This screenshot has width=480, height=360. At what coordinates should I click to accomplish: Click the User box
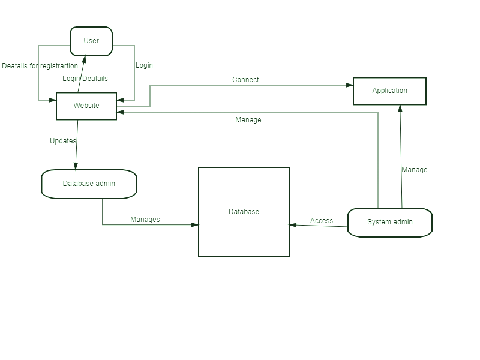(x=91, y=41)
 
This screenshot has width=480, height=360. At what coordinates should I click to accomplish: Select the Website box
(x=86, y=106)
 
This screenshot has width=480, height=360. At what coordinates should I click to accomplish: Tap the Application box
(x=389, y=91)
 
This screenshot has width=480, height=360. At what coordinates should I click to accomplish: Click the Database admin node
(x=89, y=184)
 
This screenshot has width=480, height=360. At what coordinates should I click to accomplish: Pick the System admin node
(x=390, y=222)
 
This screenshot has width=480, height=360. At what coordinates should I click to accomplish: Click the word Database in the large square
(x=244, y=212)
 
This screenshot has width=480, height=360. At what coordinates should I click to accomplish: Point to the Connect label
(x=245, y=80)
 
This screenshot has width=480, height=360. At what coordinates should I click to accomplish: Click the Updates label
(x=63, y=141)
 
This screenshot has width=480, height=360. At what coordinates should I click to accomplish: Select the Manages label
(x=145, y=220)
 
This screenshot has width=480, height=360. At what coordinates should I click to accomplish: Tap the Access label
(x=322, y=221)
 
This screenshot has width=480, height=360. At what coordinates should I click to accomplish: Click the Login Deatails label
(x=85, y=79)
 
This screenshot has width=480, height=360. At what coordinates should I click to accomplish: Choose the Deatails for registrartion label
(x=40, y=66)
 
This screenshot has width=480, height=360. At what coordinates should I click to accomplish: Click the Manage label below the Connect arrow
(x=248, y=119)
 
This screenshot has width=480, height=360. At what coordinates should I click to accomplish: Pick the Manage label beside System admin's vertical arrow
(x=415, y=170)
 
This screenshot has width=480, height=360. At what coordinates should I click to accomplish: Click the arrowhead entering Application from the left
(x=350, y=85)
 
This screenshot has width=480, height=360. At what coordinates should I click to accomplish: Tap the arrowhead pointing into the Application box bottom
(x=400, y=109)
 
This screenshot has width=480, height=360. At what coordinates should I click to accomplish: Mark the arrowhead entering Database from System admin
(x=293, y=225)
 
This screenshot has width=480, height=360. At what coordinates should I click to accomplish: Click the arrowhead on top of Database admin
(x=76, y=166)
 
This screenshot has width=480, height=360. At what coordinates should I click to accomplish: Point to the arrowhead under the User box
(x=84, y=59)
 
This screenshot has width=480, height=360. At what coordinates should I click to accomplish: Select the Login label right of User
(x=144, y=65)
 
